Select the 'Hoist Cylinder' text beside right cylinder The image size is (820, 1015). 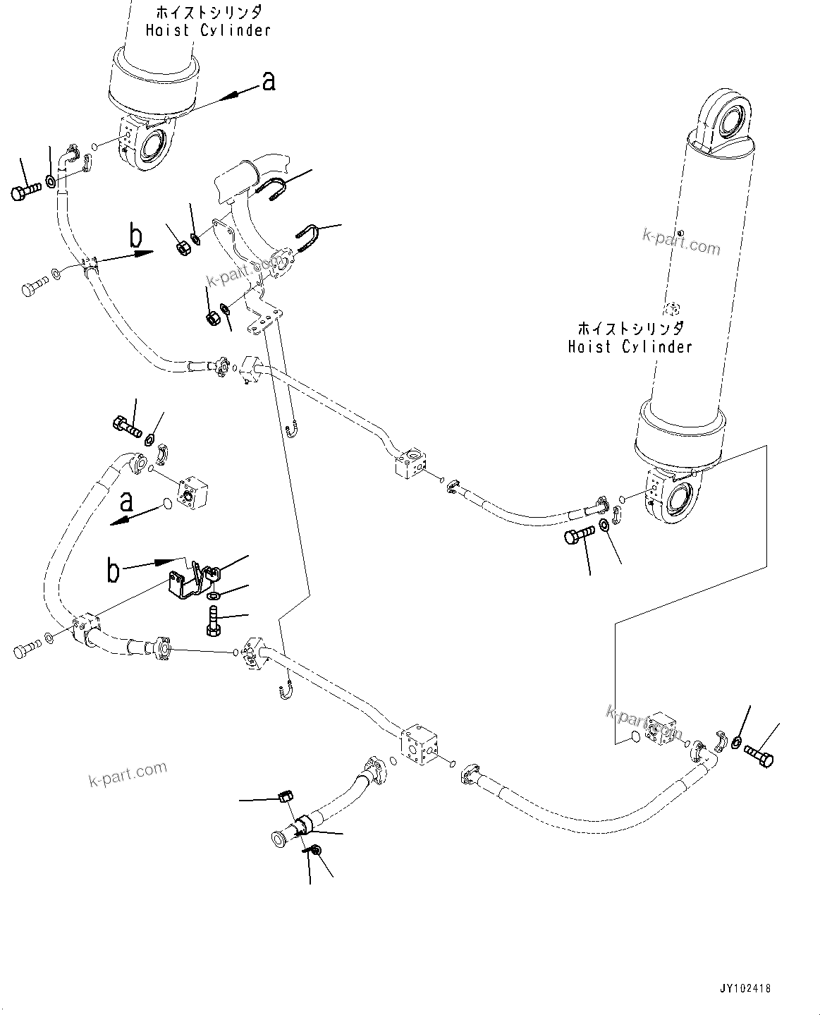(x=630, y=346)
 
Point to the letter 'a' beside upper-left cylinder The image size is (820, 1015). (x=268, y=82)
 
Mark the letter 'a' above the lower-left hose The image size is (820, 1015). (x=126, y=502)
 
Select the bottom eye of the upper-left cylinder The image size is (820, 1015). (x=154, y=148)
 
